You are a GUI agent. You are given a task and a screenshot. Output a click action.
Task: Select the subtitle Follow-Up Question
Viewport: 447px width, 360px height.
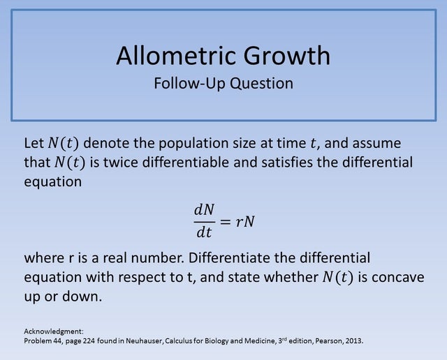point(223,83)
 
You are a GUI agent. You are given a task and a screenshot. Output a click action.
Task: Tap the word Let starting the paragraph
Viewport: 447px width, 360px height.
point(34,144)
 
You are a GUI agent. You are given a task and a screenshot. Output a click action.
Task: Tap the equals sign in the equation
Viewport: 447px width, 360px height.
point(225,221)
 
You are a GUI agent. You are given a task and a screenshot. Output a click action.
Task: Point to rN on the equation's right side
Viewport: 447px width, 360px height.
point(244,221)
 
